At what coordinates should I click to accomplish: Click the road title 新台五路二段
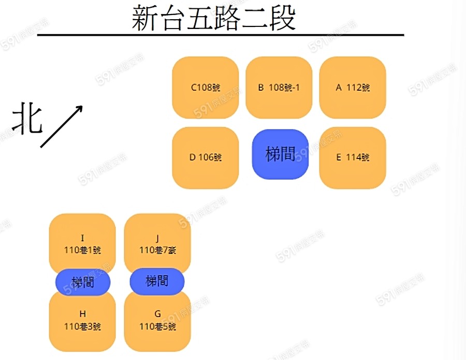coord(213,19)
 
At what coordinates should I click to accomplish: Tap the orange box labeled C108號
coord(205,88)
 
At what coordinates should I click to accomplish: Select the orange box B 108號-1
coord(279,88)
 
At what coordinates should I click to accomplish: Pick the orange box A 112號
coord(353,88)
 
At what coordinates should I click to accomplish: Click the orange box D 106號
coord(205,157)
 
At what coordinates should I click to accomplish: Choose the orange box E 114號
coord(353,157)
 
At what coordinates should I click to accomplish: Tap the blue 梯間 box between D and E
coord(280,154)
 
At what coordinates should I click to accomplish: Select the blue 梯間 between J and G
coord(157,281)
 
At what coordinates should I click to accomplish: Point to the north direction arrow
coord(62,126)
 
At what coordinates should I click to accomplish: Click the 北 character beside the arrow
coord(26,118)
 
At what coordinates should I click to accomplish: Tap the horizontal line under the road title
coord(221,35)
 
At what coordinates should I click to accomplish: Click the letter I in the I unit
coord(82,238)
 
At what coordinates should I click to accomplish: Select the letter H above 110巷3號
coord(82,314)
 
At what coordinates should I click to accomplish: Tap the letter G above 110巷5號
coord(157,314)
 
